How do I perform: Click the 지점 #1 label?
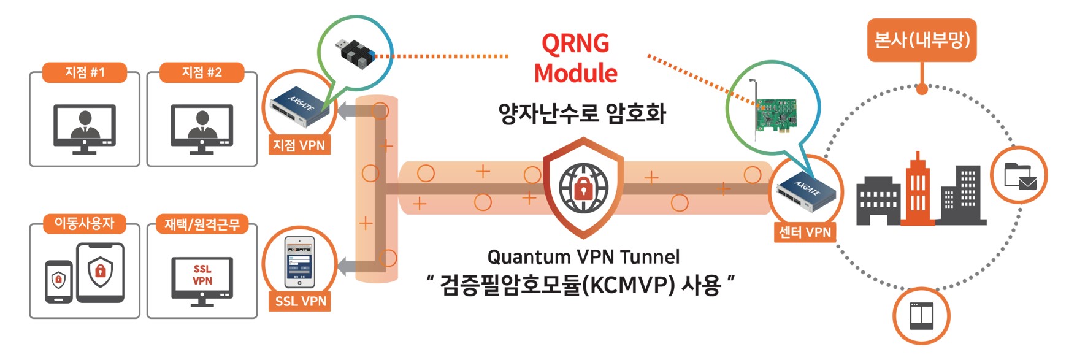[85, 72]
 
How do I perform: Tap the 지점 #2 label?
[202, 72]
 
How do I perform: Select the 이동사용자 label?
[85, 223]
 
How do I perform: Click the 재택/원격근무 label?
[202, 224]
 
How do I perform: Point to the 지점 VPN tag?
[299, 145]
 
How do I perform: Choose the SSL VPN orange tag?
[301, 301]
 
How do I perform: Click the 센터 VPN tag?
[805, 232]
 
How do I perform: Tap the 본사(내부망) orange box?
[921, 40]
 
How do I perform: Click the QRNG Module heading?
[575, 58]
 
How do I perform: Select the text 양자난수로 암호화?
[582, 113]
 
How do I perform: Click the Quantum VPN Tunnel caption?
[583, 256]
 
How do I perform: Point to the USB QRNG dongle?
[358, 52]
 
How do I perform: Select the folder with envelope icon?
[1019, 175]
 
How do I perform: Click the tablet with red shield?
[100, 272]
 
